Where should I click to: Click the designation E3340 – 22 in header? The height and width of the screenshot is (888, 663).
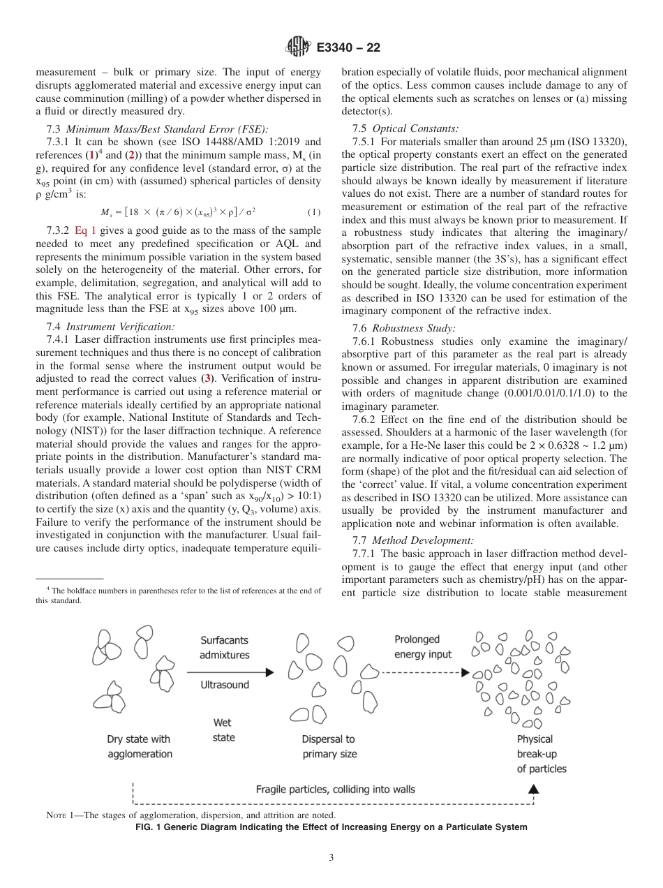click(x=348, y=48)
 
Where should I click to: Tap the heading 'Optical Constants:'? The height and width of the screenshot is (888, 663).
click(x=416, y=128)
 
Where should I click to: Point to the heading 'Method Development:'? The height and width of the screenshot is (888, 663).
click(x=423, y=540)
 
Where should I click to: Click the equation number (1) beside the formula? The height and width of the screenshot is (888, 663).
click(x=314, y=212)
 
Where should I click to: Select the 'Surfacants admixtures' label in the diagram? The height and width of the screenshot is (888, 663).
click(x=224, y=647)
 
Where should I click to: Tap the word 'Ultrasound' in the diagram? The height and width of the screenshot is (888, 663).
click(x=225, y=685)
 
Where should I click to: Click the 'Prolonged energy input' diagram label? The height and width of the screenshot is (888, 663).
click(x=423, y=646)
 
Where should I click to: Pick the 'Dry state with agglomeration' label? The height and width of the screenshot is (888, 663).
click(x=139, y=746)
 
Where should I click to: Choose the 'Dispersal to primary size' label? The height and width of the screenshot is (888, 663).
click(x=329, y=746)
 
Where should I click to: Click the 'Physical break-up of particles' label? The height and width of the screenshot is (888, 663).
click(x=541, y=753)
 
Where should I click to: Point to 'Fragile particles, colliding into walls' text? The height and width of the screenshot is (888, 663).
click(x=335, y=790)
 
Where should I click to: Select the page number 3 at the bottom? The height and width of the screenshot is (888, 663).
click(x=331, y=857)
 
